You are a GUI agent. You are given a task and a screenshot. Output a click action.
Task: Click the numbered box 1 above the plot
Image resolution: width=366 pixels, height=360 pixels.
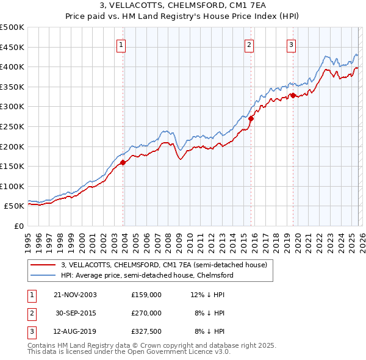tap(121, 45)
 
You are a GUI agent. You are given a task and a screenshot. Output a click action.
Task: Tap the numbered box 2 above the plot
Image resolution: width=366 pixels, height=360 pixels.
tap(249, 45)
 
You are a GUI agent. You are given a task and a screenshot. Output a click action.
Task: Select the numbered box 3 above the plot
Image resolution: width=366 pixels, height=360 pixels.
tap(291, 45)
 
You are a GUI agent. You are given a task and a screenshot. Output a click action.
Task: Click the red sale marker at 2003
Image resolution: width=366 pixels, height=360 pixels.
tap(123, 162)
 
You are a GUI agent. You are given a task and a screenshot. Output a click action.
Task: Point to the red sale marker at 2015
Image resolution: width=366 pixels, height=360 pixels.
tap(251, 118)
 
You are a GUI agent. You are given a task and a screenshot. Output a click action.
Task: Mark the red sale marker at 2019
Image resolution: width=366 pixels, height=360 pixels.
tap(293, 95)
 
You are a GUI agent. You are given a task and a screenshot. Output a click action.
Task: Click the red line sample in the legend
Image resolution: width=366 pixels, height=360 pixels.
tap(43, 265)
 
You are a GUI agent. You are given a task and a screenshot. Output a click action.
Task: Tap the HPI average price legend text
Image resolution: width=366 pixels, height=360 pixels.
tap(147, 276)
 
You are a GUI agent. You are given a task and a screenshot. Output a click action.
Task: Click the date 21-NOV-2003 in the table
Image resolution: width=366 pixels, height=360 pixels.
tap(75, 295)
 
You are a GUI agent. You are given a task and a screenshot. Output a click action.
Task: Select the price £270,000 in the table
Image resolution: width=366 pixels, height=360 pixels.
tap(146, 313)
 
